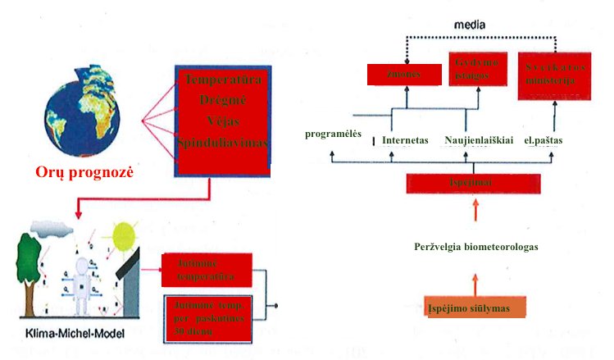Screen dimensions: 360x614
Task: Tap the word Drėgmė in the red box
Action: click(x=222, y=101)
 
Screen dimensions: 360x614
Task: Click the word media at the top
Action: click(x=471, y=25)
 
